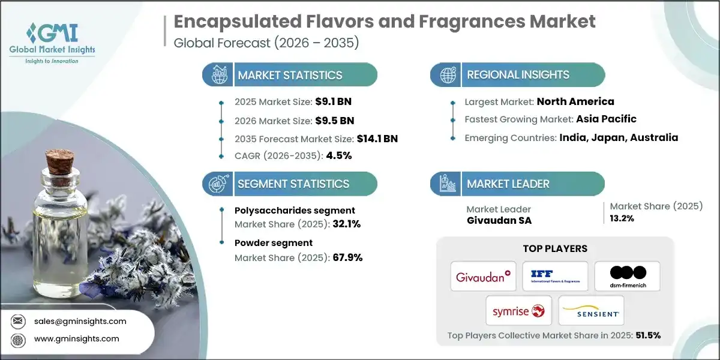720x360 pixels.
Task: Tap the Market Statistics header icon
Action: (217, 75)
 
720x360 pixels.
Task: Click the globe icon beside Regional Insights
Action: (446, 75)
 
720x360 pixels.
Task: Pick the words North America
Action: (575, 101)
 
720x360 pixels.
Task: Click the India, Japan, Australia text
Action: (619, 137)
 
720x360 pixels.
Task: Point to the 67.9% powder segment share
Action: (347, 257)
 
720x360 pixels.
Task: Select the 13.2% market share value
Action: (623, 218)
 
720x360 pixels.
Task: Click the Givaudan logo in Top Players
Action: (483, 277)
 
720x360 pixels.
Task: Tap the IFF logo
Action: (555, 277)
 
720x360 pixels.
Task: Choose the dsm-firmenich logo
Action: (627, 277)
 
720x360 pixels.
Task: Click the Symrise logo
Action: (519, 311)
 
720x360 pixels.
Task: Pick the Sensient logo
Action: (591, 311)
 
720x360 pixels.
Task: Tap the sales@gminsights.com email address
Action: (80, 321)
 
